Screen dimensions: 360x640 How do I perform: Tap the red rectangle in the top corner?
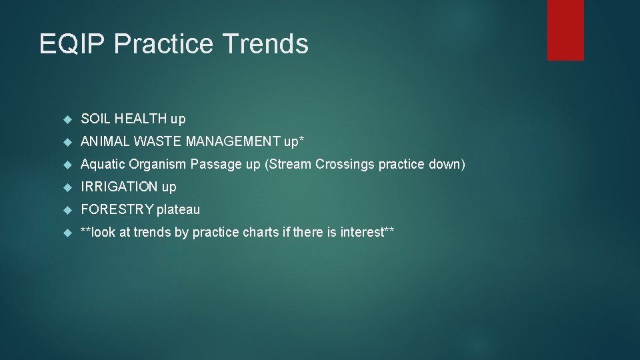coord(565,30)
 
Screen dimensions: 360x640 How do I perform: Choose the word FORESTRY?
coord(117,209)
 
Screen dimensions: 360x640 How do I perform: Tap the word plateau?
coord(178,209)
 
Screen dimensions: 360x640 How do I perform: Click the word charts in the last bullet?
coord(254,232)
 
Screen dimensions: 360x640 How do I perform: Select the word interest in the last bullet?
coord(363,232)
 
